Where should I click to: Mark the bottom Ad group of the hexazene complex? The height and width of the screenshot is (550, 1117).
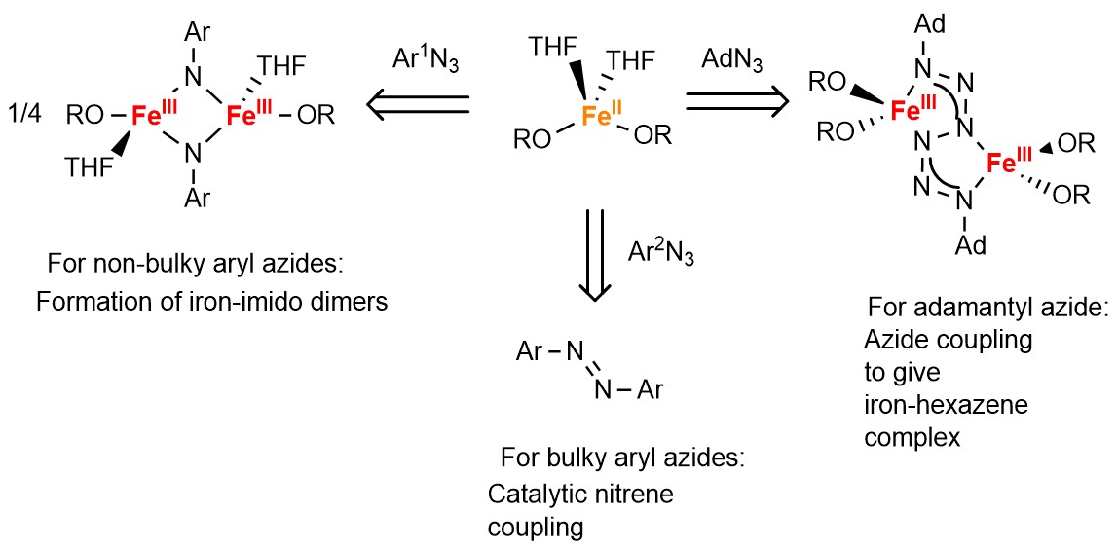tap(971, 243)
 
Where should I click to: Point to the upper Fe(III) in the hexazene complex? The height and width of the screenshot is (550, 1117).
tap(911, 110)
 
